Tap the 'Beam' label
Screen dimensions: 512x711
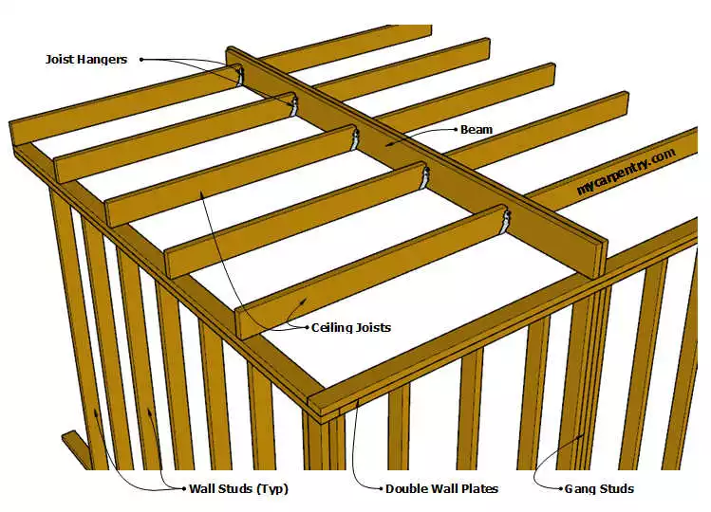point(477,129)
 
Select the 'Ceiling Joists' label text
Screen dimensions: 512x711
point(351,328)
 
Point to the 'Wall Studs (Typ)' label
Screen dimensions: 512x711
point(237,489)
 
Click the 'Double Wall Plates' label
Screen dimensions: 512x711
point(441,489)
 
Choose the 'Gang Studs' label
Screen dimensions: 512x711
point(599,489)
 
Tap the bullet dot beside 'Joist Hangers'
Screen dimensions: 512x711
point(141,59)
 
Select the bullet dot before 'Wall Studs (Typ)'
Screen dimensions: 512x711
point(182,489)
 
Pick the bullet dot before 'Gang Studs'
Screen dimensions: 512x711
point(558,489)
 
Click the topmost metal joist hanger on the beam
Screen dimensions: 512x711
point(239,75)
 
